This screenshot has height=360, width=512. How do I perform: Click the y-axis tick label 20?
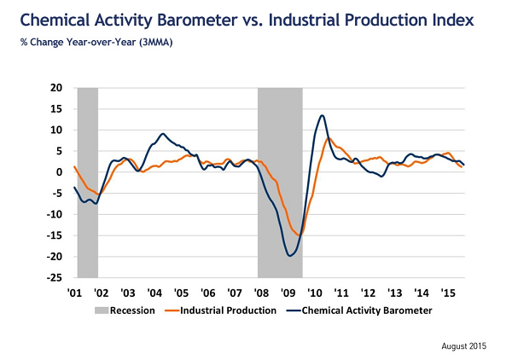57,88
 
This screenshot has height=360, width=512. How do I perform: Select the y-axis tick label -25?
55,278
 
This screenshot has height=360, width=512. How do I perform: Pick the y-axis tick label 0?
61,172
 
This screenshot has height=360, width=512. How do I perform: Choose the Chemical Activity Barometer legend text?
368,311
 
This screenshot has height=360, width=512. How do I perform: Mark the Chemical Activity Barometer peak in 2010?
321,115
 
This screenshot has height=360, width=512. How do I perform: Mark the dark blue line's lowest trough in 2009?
290,255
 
